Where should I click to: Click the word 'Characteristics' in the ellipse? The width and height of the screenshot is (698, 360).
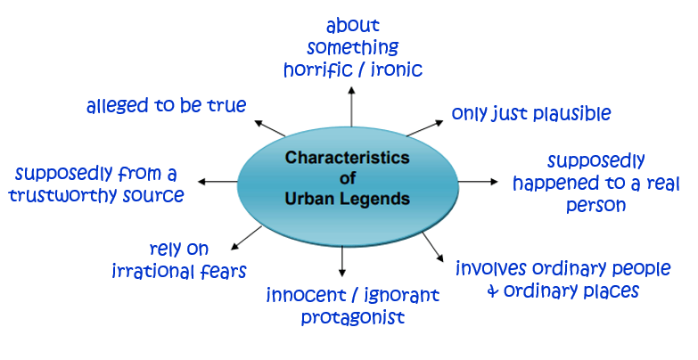coord(348,158)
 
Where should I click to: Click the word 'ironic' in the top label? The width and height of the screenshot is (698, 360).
coord(396,70)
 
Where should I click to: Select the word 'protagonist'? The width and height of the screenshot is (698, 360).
coord(353,318)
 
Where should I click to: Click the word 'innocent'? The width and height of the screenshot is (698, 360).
coord(307,295)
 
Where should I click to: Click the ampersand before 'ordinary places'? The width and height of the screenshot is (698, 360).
coord(493,291)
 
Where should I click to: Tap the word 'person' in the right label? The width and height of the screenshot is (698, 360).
coord(596,206)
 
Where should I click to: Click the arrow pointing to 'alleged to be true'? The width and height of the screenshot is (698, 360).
coord(270,128)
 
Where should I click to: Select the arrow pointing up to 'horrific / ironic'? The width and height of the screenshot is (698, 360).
coord(351,107)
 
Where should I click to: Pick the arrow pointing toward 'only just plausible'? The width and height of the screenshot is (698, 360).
coord(424,127)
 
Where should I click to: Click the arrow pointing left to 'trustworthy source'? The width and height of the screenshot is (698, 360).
coord(218,182)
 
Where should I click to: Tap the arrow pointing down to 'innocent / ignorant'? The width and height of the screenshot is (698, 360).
coord(342,261)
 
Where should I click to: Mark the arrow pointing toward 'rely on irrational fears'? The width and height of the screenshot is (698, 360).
coord(247,238)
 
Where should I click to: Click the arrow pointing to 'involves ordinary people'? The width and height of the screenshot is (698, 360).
coord(433,247)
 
